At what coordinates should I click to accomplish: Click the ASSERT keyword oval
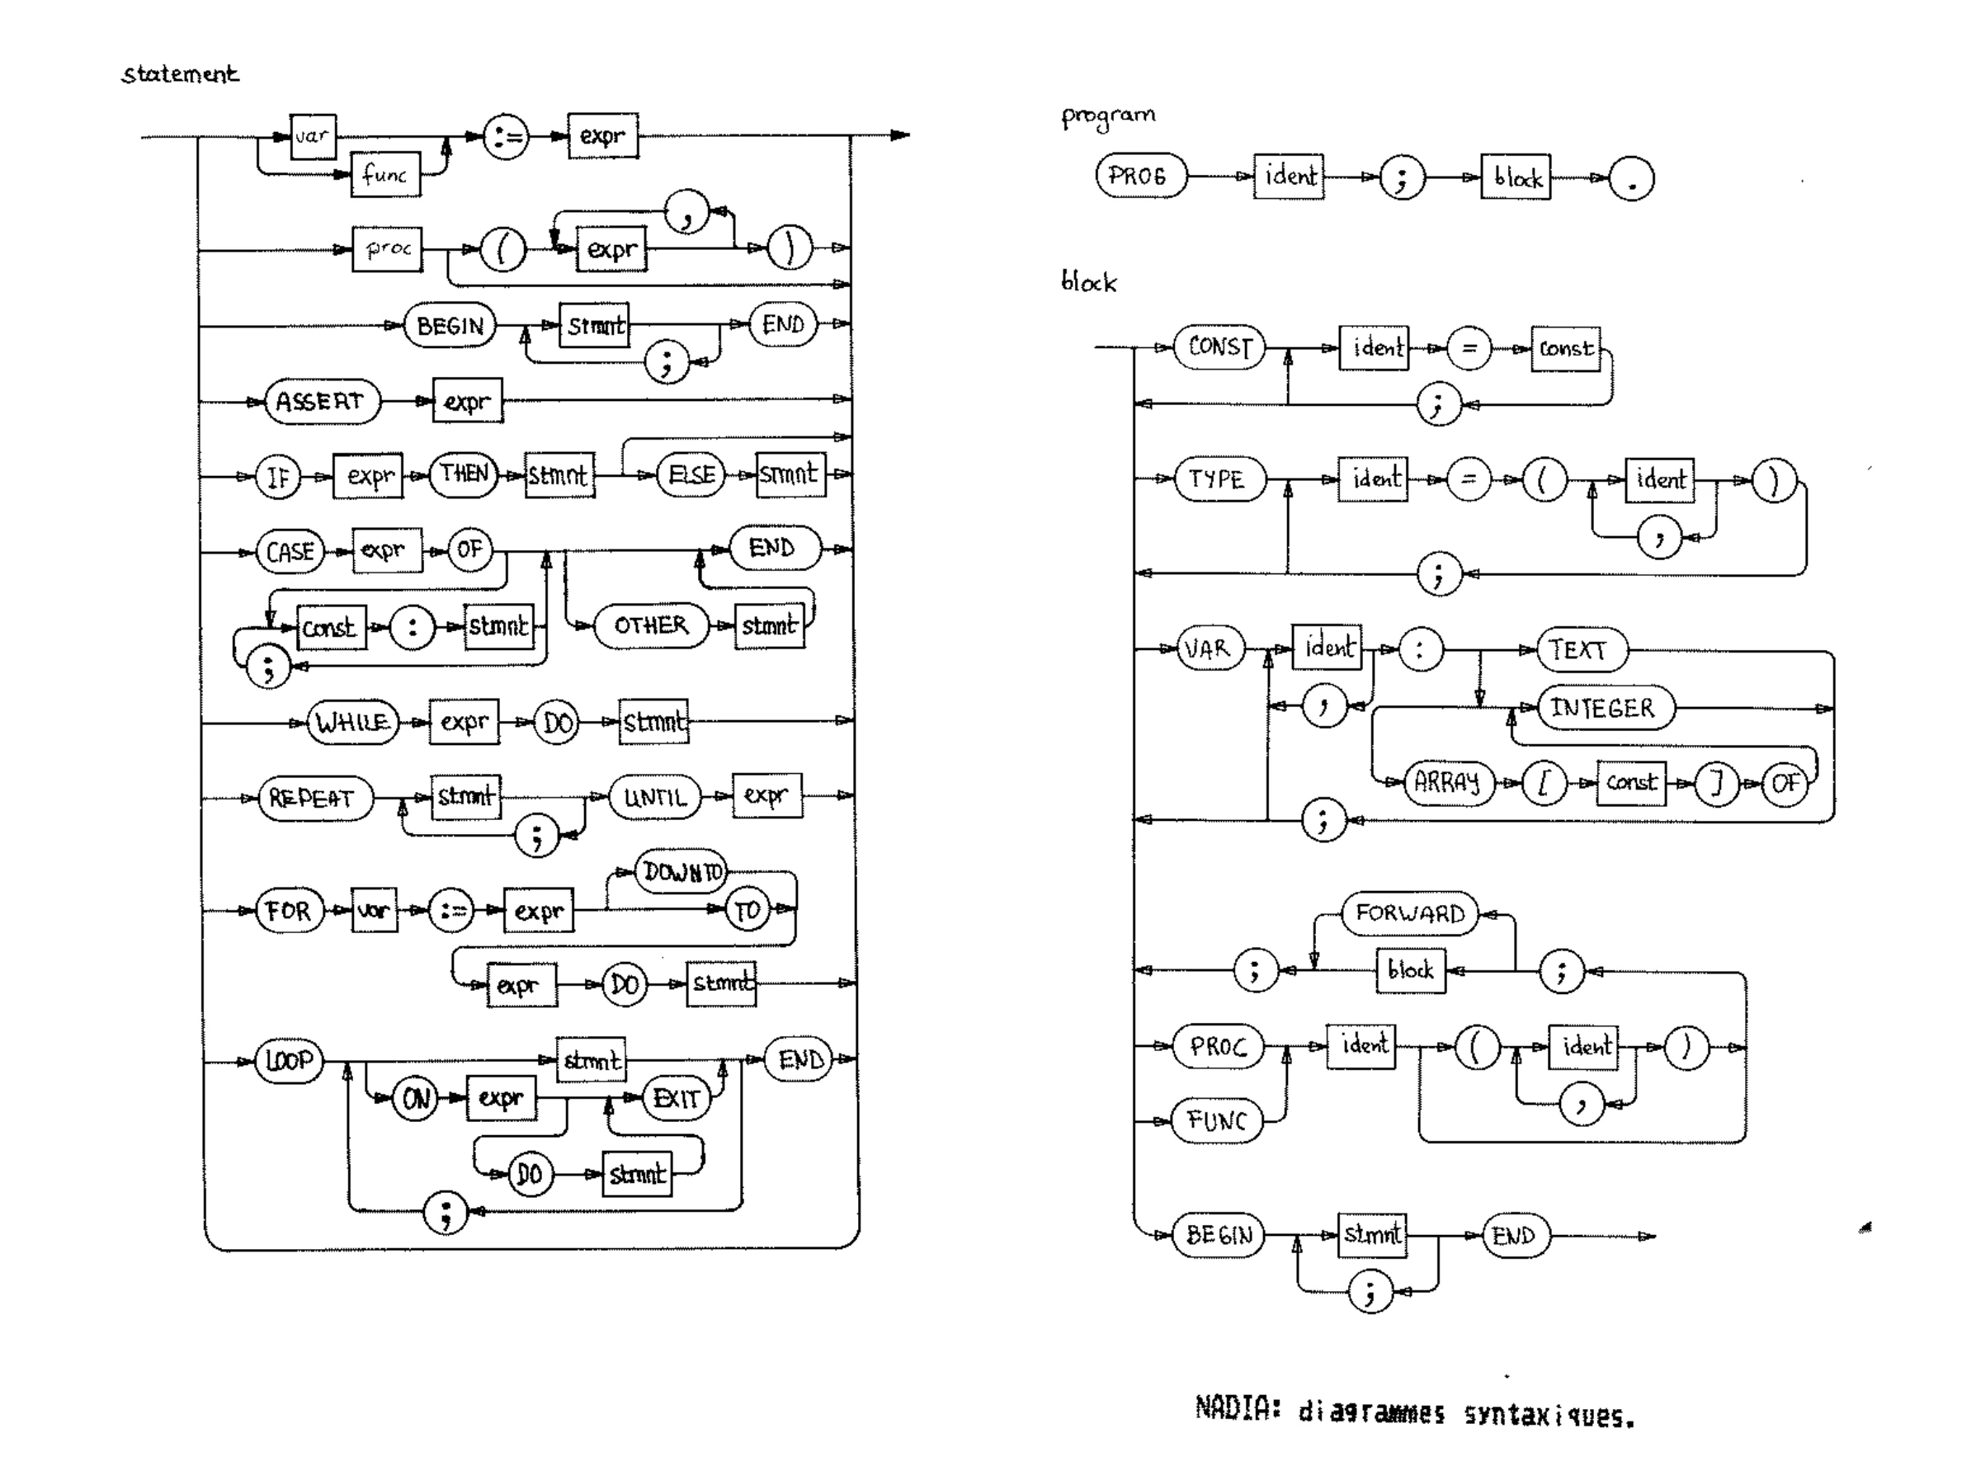click(x=320, y=402)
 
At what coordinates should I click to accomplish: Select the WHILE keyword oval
click(x=352, y=723)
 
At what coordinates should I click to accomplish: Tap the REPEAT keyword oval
click(x=314, y=799)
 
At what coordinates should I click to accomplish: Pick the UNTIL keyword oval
click(x=655, y=797)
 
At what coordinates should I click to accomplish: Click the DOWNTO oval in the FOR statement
click(x=681, y=872)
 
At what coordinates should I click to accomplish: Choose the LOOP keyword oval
click(x=290, y=1060)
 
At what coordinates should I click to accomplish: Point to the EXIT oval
click(x=676, y=1099)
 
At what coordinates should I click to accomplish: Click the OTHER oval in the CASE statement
click(x=651, y=625)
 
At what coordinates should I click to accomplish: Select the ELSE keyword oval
click(x=691, y=474)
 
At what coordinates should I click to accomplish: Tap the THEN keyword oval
click(x=464, y=474)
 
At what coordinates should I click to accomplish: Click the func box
click(x=385, y=174)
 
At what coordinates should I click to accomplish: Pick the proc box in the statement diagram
click(x=388, y=249)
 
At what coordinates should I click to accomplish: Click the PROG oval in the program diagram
click(x=1139, y=176)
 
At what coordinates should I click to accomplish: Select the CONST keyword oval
click(x=1219, y=347)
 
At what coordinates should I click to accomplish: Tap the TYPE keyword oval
click(x=1219, y=479)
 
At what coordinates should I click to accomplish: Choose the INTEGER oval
click(x=1604, y=708)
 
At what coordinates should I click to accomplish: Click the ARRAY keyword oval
click(x=1448, y=782)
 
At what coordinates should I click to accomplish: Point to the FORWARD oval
click(x=1409, y=914)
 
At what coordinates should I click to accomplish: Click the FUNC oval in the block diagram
click(x=1218, y=1121)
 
